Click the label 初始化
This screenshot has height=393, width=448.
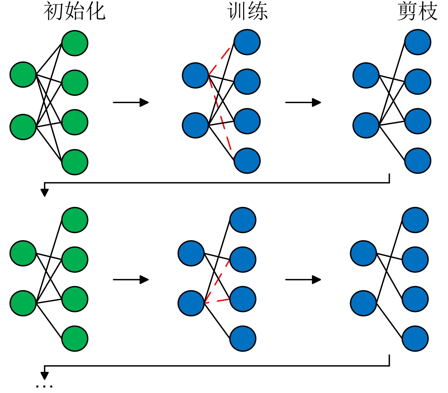[x=74, y=11]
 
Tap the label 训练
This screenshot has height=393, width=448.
[x=247, y=11]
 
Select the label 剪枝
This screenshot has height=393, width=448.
[x=417, y=11]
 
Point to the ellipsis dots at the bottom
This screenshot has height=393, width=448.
[x=44, y=386]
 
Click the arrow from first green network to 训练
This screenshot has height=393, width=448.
[x=131, y=103]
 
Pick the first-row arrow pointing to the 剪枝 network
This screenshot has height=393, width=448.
[x=303, y=103]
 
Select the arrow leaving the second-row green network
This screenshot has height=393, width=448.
[x=131, y=280]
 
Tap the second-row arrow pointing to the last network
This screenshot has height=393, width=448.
[x=303, y=280]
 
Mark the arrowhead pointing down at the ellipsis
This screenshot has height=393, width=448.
[x=45, y=375]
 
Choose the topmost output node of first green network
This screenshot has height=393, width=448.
[x=75, y=43]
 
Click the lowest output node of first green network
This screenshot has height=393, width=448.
[x=75, y=162]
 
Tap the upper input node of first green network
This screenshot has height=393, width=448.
[x=23, y=75]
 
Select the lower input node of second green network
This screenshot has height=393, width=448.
[x=23, y=303]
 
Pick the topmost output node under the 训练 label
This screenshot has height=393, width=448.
[x=247, y=42]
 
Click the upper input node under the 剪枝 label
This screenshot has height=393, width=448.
[x=366, y=75]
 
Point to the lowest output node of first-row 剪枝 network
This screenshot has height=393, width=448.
[x=418, y=161]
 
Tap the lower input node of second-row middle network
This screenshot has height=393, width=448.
[x=191, y=303]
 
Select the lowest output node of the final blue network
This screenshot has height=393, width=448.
[x=415, y=339]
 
